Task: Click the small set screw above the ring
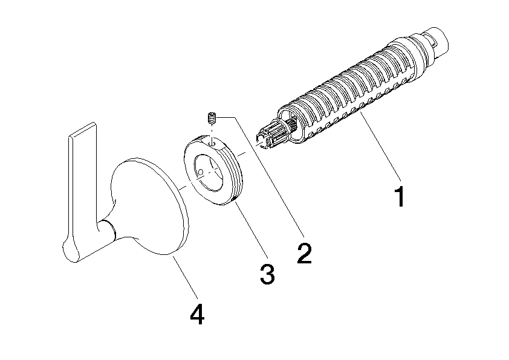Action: (x=212, y=117)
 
